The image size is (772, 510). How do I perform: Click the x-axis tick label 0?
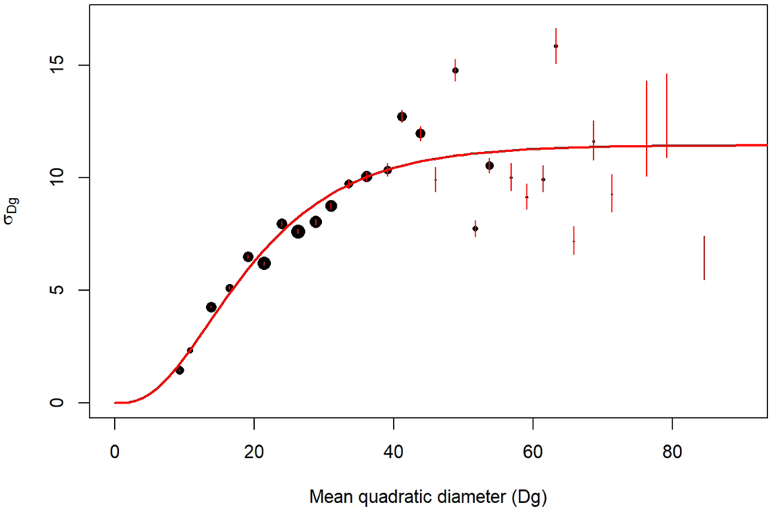tap(115, 451)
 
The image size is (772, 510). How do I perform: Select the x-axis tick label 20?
tap(254, 451)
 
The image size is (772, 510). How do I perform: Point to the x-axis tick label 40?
tap(394, 451)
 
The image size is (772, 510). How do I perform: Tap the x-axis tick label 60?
tap(533, 451)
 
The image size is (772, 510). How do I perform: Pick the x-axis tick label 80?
tap(672, 451)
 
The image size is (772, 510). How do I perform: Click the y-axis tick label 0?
tap(57, 403)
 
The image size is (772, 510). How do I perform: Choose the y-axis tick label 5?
tap(57, 290)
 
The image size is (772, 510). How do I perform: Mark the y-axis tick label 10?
tap(57, 177)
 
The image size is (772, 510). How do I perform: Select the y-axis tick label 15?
tap(57, 65)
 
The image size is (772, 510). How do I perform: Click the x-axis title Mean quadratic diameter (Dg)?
tap(428, 497)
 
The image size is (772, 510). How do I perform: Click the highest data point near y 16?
tap(556, 46)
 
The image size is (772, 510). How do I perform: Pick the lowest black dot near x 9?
tap(180, 370)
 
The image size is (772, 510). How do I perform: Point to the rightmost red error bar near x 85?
tap(704, 258)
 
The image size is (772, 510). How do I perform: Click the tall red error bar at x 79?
tap(667, 116)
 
